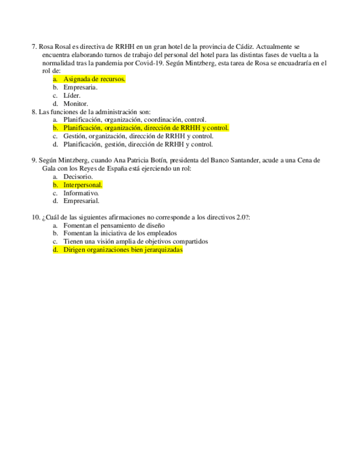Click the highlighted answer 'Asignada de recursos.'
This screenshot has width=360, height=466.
tap(94, 79)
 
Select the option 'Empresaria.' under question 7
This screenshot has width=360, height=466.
tap(80, 87)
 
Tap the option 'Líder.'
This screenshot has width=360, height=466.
tap(72, 96)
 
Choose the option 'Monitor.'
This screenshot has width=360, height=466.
tap(75, 104)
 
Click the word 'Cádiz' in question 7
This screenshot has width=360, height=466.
tap(243, 47)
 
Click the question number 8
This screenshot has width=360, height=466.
tap(35, 112)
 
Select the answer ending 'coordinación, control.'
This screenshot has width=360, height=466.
tap(135, 120)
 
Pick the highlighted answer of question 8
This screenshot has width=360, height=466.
tap(146, 128)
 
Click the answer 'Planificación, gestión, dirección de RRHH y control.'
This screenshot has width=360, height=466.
tap(138, 145)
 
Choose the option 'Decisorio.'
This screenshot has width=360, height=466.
tap(78, 177)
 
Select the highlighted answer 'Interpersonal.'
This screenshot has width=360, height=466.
tap(82, 185)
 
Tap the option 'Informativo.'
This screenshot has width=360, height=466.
tap(81, 193)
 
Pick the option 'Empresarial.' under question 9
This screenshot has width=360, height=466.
tap(81, 201)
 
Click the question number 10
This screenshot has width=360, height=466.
tap(36, 218)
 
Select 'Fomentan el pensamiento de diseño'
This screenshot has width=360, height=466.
tap(114, 225)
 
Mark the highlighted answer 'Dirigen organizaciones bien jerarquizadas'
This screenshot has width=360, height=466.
tap(123, 250)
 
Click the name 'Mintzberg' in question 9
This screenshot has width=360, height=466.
tap(73, 160)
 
